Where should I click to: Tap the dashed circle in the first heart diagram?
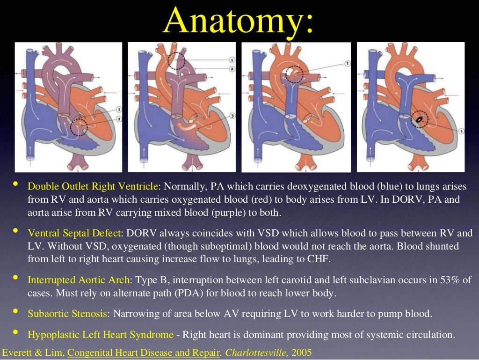78,126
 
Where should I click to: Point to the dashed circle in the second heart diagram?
176,61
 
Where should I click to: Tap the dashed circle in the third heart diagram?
294,74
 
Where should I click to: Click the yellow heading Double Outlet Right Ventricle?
93,186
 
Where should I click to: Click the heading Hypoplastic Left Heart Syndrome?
101,335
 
